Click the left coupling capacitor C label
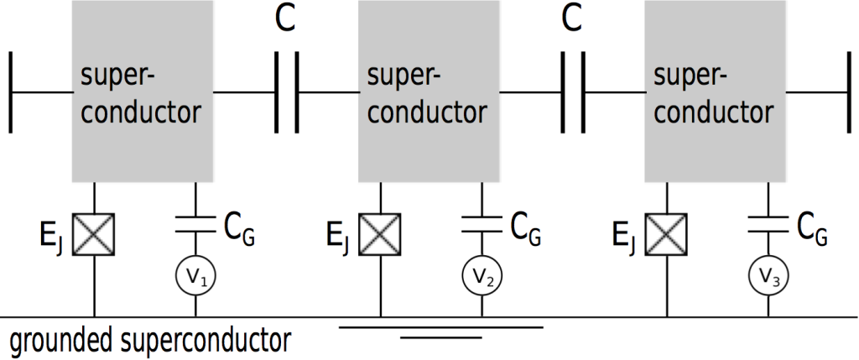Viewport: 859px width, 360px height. tap(286, 19)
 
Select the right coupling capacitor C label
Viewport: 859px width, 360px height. tap(572, 19)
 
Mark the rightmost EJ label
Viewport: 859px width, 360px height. tap(624, 237)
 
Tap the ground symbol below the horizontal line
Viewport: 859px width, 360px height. tap(441, 331)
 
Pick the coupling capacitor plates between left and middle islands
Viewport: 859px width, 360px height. tap(286, 91)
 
